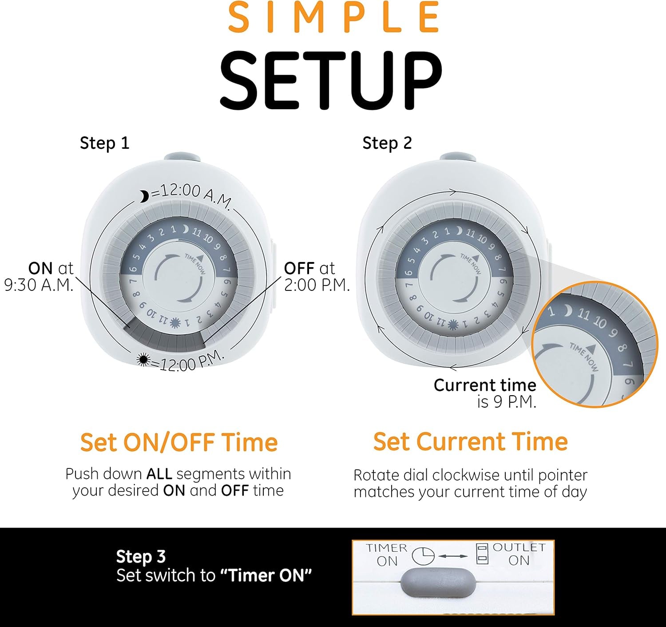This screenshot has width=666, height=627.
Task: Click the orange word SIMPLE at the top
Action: coord(333,18)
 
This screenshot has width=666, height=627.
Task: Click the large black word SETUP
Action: coord(331,80)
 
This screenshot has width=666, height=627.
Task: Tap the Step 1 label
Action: coord(104,143)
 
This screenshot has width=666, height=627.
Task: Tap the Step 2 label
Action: coord(387,143)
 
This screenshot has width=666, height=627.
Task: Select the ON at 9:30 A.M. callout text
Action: coord(40,277)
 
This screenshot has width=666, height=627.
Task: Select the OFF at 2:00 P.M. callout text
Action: coord(316,277)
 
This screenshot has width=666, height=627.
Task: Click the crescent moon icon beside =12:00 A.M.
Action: coord(144,196)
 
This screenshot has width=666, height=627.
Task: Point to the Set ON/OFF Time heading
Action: coord(179,442)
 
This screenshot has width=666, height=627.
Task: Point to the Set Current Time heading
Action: coord(470,441)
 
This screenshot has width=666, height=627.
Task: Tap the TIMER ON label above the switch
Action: coord(387,554)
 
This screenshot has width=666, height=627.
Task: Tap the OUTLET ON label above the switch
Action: coord(519,554)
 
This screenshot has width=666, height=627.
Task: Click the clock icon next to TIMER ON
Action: coord(423,556)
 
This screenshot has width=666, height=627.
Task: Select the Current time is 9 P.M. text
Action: coord(485,393)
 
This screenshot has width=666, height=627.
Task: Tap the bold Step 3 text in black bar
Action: coord(141,556)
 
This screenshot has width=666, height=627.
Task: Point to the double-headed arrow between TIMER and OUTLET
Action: coord(453,556)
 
